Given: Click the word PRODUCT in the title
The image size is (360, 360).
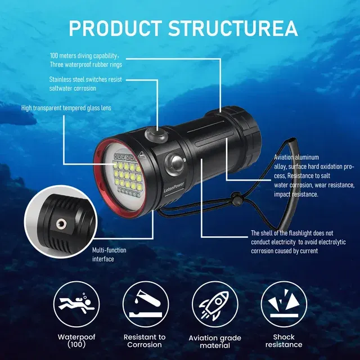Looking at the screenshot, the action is [115, 29].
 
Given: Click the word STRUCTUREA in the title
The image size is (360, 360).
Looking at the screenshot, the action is [233, 29].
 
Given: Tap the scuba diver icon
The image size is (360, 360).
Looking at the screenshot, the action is [76, 304].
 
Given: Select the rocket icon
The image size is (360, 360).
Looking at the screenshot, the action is [214, 305].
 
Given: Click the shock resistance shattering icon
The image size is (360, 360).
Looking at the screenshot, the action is [283, 304].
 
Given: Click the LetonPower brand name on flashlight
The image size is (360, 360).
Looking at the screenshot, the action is [174, 187].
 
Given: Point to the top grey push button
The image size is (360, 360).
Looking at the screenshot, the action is [156, 134].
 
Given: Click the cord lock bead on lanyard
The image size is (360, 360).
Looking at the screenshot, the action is [236, 199].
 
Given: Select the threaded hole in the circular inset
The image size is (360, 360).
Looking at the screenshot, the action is [61, 224].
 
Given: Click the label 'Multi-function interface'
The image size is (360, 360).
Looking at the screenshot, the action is [109, 254].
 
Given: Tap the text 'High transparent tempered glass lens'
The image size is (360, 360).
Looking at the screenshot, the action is [66, 108].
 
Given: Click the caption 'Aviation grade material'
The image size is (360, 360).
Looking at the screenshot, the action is [215, 341].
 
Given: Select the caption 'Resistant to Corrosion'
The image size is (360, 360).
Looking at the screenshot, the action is [145, 341].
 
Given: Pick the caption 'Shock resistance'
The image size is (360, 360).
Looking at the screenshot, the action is [283, 341].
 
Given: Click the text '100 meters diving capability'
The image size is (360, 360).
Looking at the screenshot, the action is [83, 56].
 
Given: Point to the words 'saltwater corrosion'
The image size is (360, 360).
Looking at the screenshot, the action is [73, 88].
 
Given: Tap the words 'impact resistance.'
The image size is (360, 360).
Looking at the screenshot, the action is [296, 194].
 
